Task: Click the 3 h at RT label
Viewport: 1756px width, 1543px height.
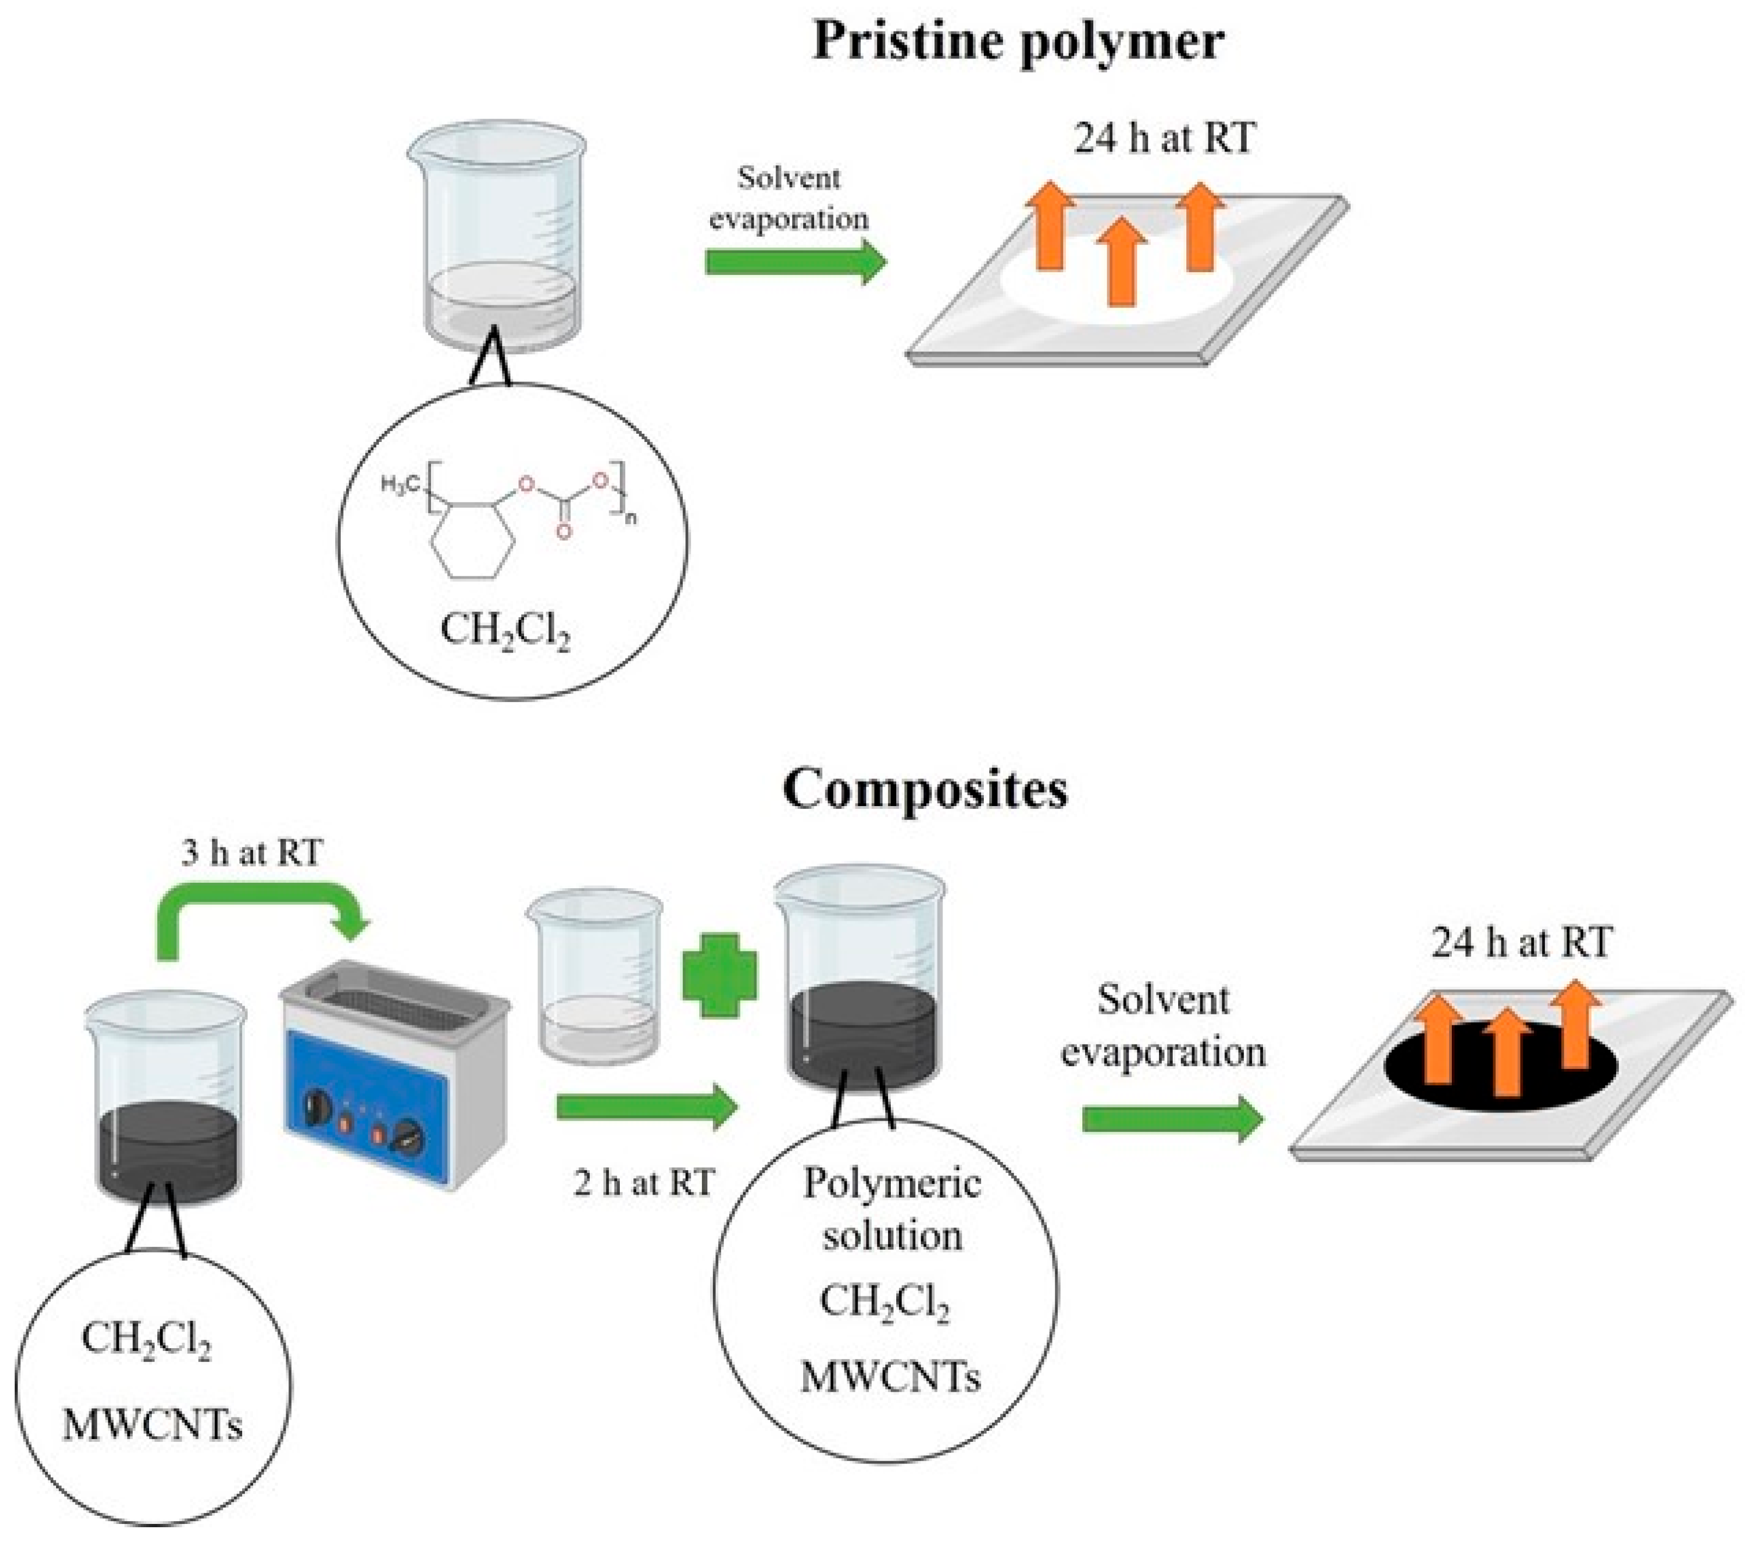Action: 252,853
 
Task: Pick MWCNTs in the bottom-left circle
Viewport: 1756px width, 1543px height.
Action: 153,1424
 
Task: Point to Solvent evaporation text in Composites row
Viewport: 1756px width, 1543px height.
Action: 1163,1026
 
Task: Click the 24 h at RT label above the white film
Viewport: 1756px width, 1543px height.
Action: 1164,138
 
